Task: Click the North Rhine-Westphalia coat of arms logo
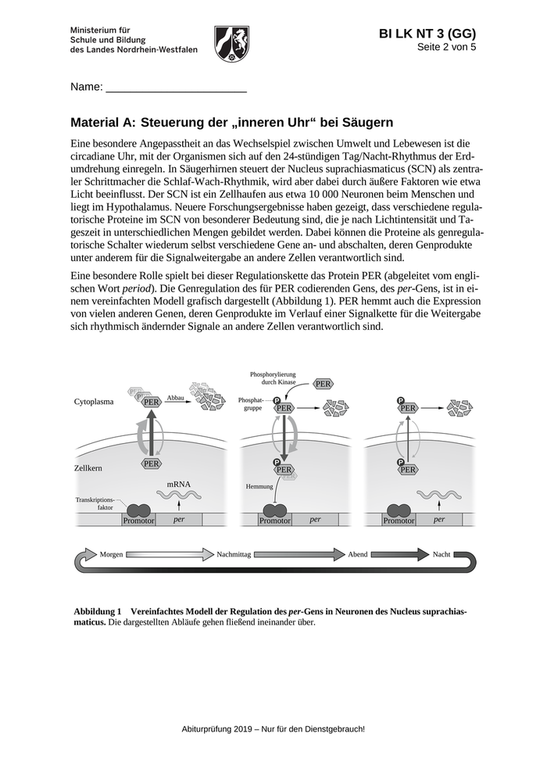coord(231,43)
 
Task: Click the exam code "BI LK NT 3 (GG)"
coord(427,34)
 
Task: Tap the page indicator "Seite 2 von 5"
coord(446,47)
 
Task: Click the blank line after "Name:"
coord(176,88)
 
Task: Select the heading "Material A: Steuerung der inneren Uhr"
coord(231,123)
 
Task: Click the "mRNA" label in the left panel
coord(178,485)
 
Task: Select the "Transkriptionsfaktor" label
coord(95,502)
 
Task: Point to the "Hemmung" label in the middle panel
coord(259,486)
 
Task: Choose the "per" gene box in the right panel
coord(439,519)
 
